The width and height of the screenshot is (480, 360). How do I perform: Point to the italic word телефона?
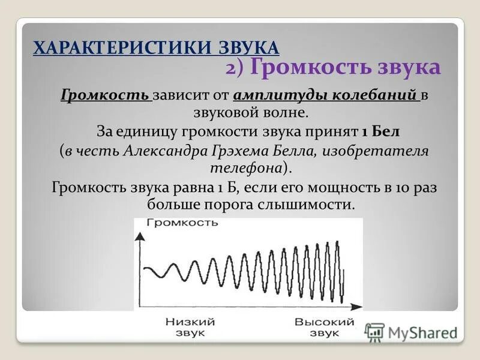[x=245, y=167]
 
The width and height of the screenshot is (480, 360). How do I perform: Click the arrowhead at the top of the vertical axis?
[x=139, y=235]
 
